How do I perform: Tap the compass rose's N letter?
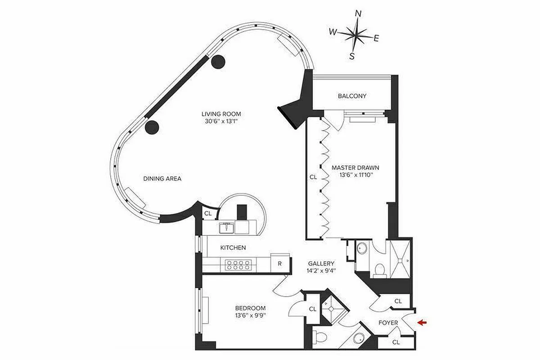tap(359, 13)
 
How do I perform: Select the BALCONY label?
tap(352, 96)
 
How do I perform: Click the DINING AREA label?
tap(162, 179)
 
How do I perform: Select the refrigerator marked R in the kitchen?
tap(279, 264)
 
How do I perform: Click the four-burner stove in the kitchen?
tap(237, 264)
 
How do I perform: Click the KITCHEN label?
tap(233, 247)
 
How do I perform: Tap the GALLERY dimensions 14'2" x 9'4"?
tap(321, 271)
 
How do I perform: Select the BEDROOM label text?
tap(250, 308)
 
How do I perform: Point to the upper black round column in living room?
tap(218, 62)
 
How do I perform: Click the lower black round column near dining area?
tap(152, 127)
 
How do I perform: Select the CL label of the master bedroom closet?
tap(313, 177)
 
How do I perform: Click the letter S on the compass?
tap(352, 57)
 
